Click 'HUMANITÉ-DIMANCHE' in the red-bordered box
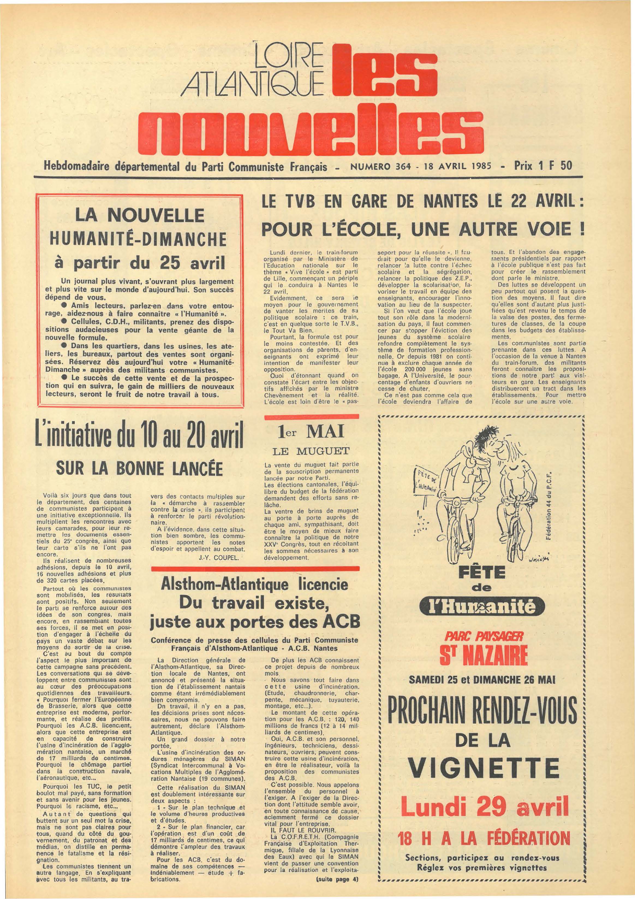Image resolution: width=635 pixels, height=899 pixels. click(x=140, y=240)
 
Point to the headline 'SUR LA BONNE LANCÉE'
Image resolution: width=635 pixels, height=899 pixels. click(x=140, y=468)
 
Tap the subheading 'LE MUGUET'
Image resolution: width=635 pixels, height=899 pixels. click(x=311, y=451)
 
